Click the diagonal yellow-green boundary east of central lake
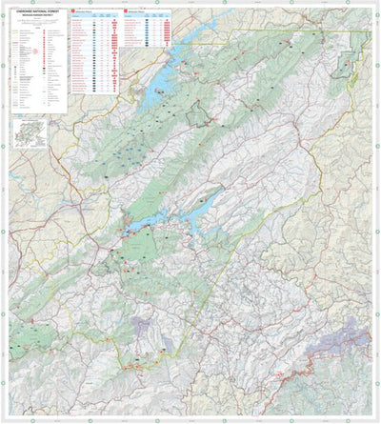pos(276,191)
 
